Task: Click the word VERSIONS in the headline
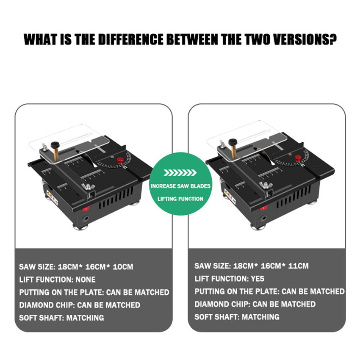coord(305,39)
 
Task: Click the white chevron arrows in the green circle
coord(180,173)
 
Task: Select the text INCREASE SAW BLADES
coord(180,186)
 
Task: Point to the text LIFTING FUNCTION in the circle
coord(180,199)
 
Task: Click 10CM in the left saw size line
coord(123,267)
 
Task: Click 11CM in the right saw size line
coord(298,266)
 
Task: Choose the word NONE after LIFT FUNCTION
coord(86,280)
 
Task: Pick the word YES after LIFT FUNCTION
coord(258,279)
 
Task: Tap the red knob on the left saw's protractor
coord(120,161)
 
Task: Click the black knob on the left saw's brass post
coord(55,145)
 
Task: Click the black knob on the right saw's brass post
coord(233,142)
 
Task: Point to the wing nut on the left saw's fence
coord(88,187)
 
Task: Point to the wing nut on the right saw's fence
coord(266,185)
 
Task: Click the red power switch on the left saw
coord(86,208)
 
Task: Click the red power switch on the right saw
coord(263,208)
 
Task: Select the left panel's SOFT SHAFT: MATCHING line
coord(61,318)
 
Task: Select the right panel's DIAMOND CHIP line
coord(255,304)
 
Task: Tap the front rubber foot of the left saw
coord(80,227)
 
